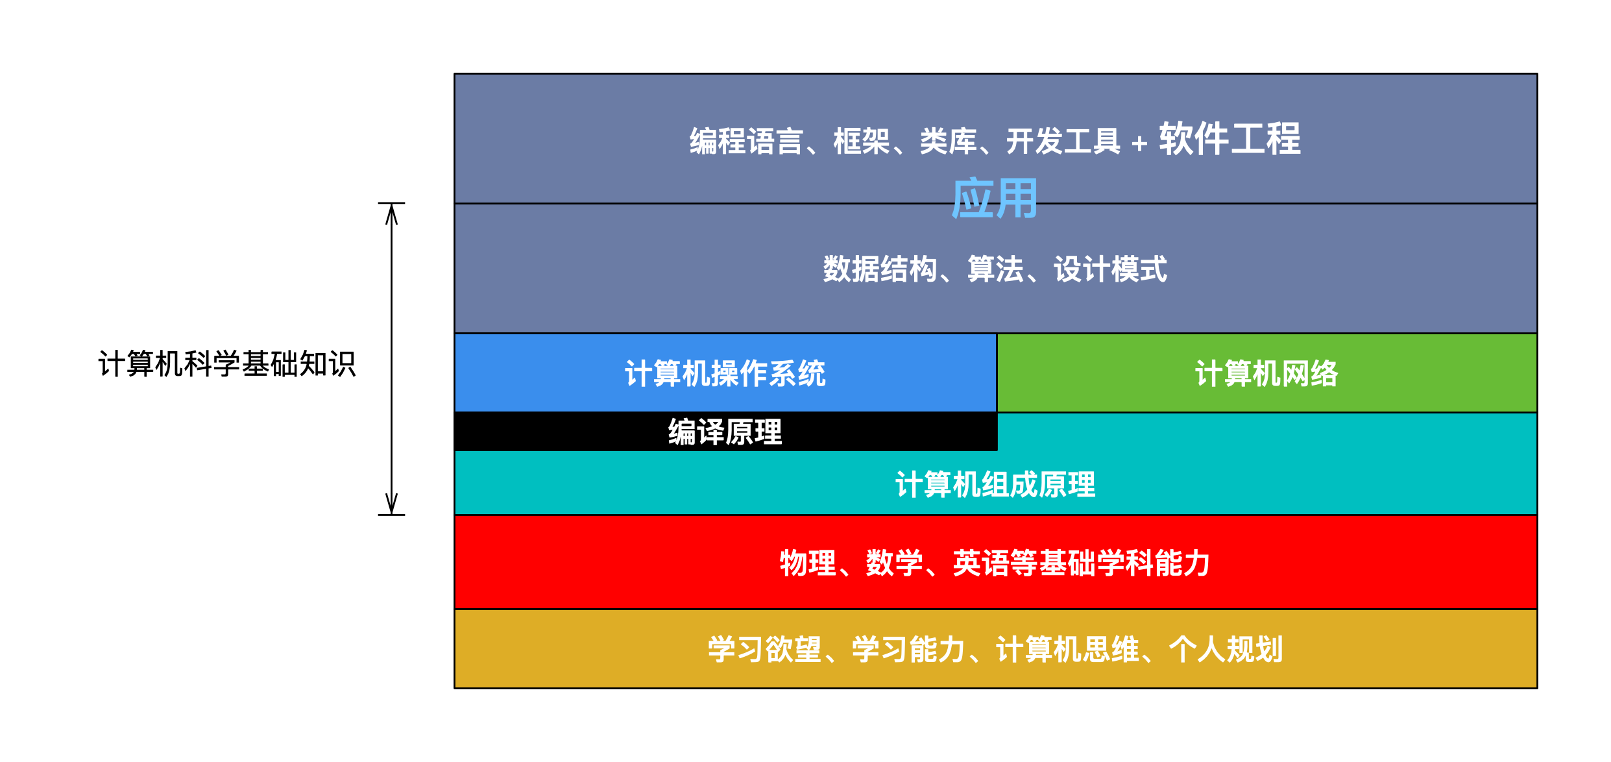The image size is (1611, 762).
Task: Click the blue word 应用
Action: point(995,199)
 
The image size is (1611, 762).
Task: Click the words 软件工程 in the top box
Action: point(1230,139)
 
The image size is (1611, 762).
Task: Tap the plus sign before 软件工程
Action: point(1139,143)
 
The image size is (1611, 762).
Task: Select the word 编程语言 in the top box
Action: point(746,141)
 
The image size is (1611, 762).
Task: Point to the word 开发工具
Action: point(1063,141)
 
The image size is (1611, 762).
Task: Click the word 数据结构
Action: point(880,269)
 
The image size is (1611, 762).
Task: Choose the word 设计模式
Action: point(1111,269)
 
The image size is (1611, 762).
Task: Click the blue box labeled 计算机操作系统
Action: point(725,373)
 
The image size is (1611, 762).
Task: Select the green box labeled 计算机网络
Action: point(1267,373)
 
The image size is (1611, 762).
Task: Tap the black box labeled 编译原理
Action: point(725,432)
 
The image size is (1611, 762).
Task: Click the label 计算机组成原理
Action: point(995,485)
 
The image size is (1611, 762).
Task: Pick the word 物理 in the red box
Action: point(808,563)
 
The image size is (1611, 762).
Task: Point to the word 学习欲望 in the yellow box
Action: point(765,649)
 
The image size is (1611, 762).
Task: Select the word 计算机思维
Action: point(1067,649)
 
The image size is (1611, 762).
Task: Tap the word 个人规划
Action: point(1226,649)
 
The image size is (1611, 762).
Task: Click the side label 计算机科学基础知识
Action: point(227,363)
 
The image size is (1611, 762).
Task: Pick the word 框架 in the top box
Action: point(862,141)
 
